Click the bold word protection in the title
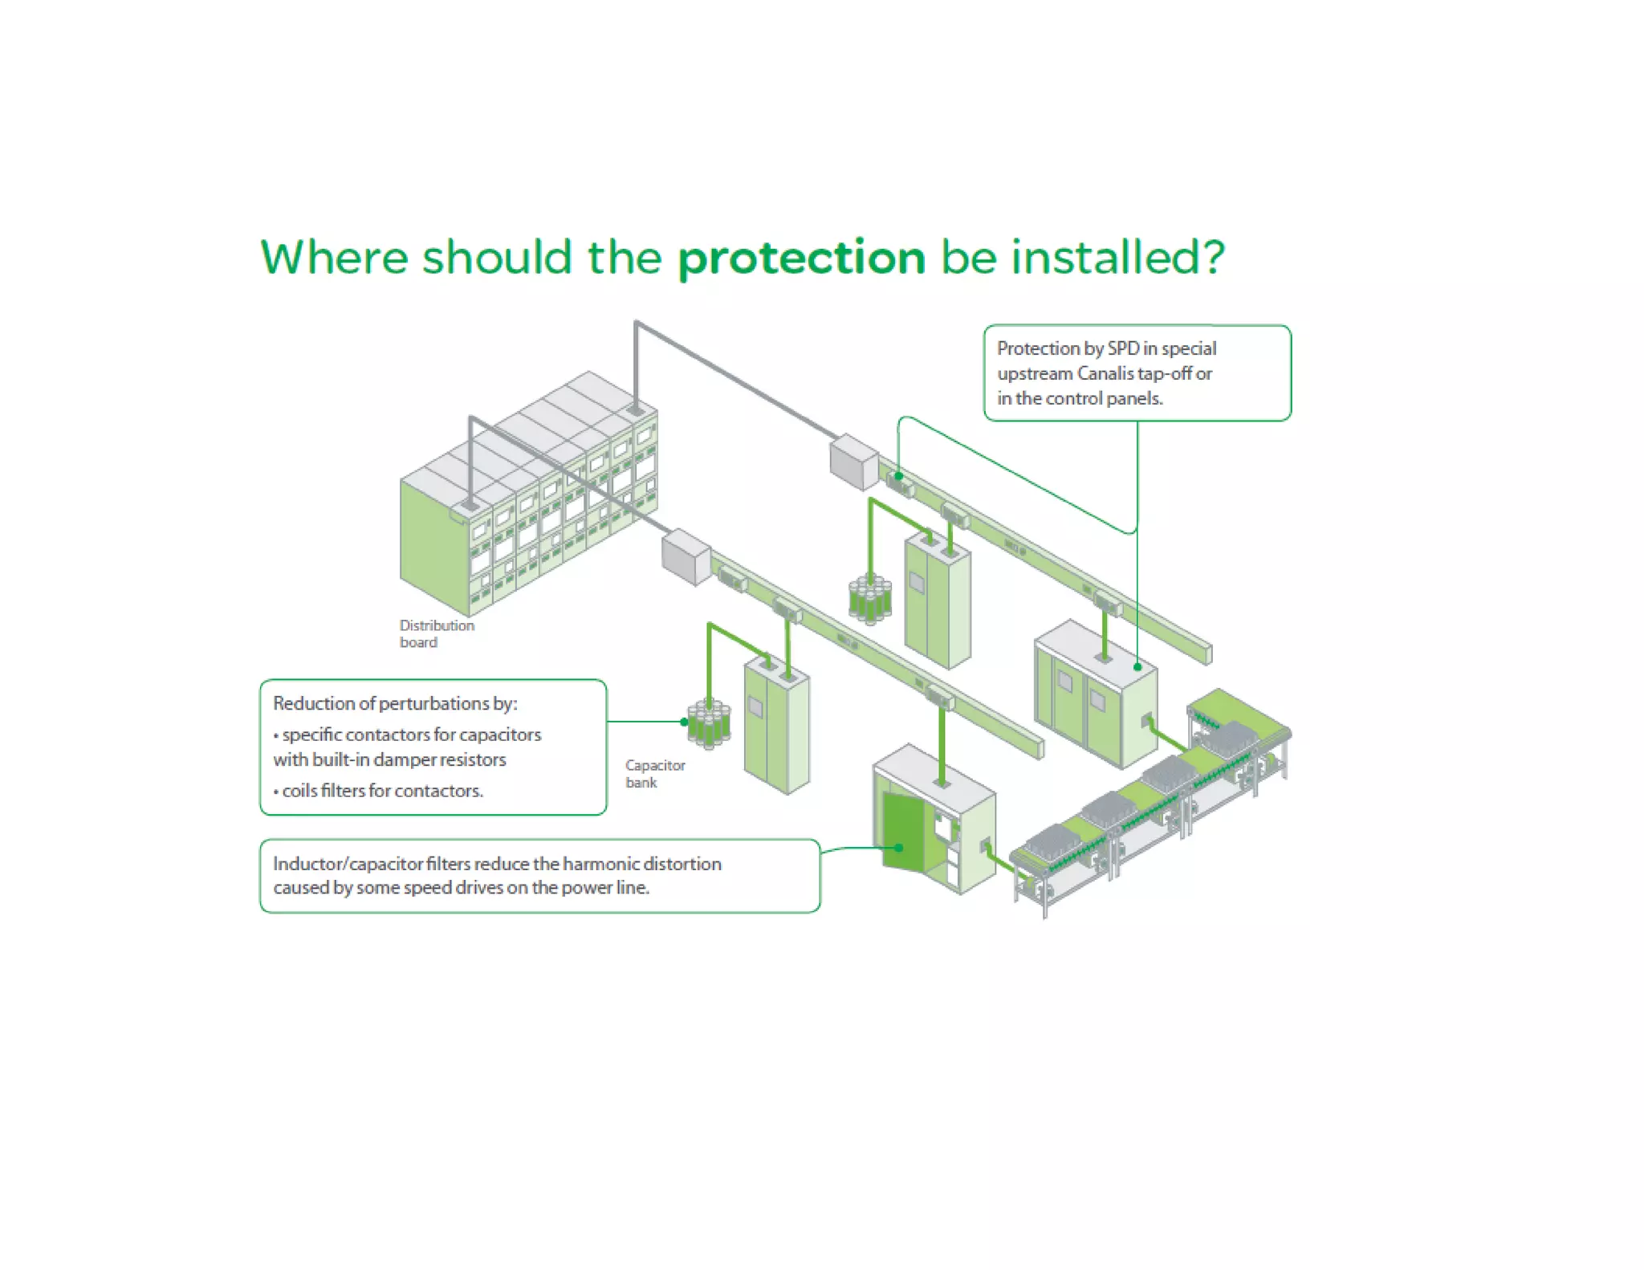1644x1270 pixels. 801,258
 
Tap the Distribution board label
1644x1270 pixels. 436,633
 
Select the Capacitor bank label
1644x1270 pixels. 654,773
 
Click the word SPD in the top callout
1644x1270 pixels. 1123,348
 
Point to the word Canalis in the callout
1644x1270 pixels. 1105,373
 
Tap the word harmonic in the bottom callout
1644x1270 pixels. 595,864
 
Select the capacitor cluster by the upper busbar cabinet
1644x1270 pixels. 869,599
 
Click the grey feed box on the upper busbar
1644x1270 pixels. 853,462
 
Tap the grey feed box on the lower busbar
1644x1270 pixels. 686,556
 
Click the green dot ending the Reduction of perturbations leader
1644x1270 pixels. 684,722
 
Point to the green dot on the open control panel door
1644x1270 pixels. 900,847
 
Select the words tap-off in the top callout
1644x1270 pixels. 1163,373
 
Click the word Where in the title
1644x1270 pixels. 334,258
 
